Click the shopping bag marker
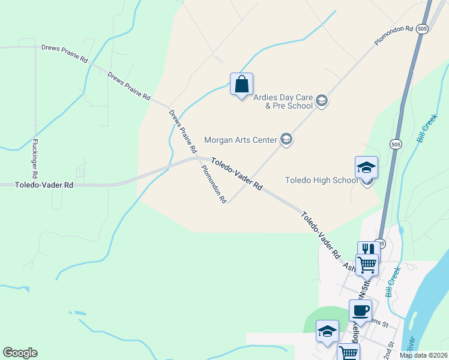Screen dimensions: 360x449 point(241,85)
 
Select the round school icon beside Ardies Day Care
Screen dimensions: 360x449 point(322,100)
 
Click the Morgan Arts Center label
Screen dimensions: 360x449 point(240,140)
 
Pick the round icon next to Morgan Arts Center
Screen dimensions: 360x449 point(286,140)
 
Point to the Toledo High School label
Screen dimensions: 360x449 point(322,180)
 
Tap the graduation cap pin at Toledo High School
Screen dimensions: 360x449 point(366,169)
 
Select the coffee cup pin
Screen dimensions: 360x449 point(360,311)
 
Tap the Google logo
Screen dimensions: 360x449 point(20,353)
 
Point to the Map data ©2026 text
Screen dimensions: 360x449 point(423,355)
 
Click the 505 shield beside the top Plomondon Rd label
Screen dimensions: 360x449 point(423,29)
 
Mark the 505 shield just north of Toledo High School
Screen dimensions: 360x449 point(395,144)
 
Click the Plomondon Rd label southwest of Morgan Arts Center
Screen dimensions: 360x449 point(213,184)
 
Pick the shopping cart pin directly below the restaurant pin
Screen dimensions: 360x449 point(367,263)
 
